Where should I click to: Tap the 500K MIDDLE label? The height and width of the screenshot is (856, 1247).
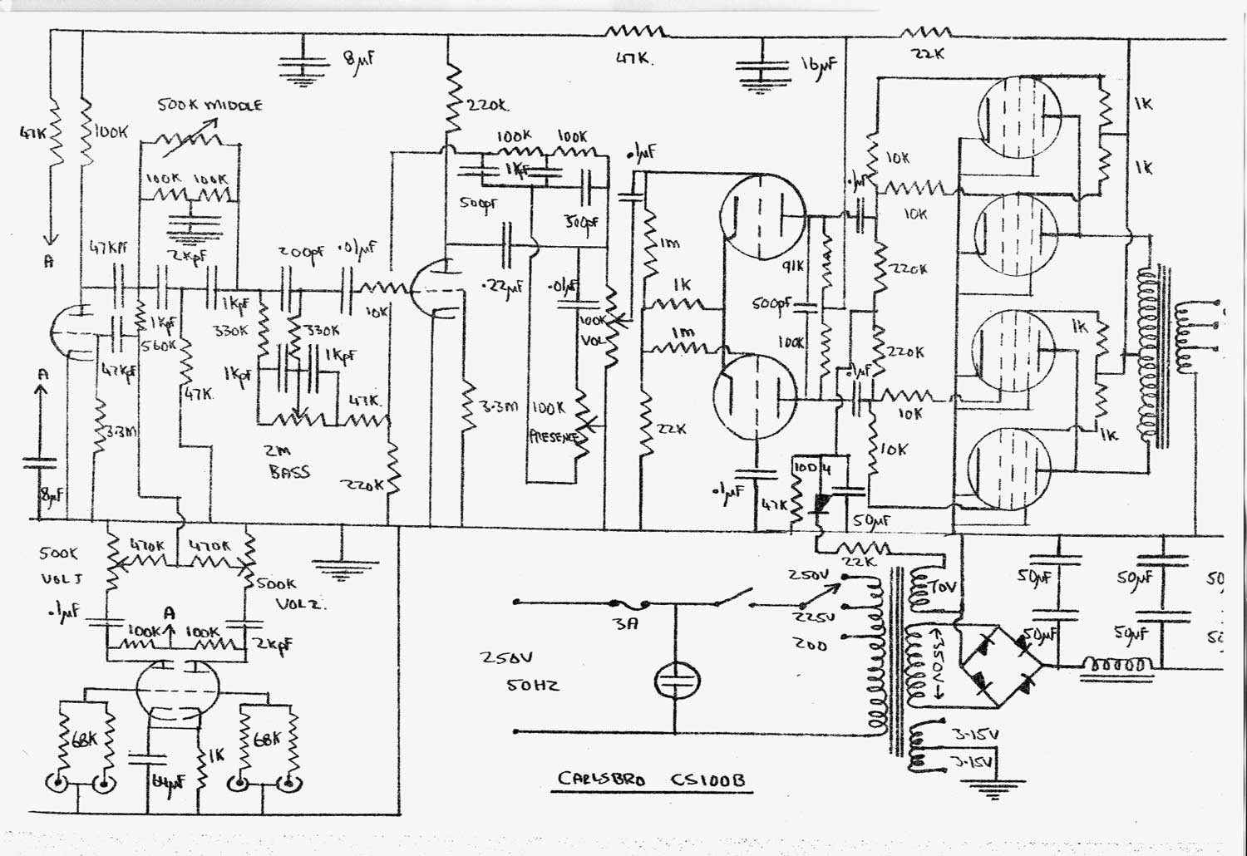click(209, 106)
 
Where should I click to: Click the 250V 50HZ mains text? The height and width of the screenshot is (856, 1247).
click(519, 672)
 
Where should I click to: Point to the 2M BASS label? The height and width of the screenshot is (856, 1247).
click(288, 461)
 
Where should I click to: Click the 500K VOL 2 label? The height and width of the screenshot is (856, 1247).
click(287, 593)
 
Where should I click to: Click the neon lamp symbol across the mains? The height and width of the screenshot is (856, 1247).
click(674, 681)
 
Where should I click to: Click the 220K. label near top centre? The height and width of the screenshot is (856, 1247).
click(489, 106)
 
